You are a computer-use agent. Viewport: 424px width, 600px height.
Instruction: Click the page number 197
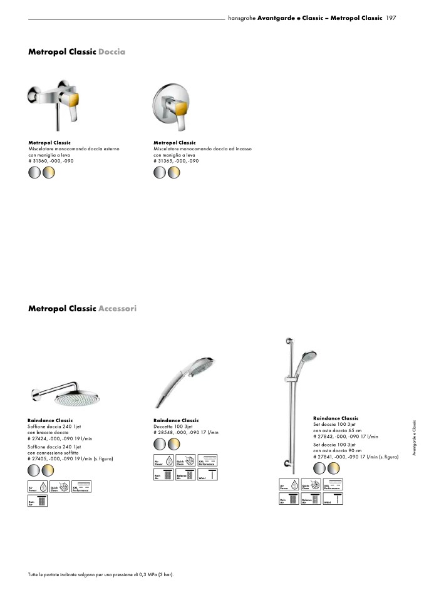pos(391,18)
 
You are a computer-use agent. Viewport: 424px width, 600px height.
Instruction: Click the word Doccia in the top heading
pos(111,52)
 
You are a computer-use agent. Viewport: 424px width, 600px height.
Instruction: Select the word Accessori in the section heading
pos(117,309)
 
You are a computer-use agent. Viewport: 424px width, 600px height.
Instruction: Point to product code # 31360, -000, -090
pos(51,161)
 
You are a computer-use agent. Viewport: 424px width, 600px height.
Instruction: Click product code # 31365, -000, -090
pos(176,161)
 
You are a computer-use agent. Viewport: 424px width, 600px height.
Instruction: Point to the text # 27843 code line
pos(346,436)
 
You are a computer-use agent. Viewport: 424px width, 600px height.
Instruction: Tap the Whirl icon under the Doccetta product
pos(207,475)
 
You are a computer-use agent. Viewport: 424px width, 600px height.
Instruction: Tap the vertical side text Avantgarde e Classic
pos(414,438)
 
